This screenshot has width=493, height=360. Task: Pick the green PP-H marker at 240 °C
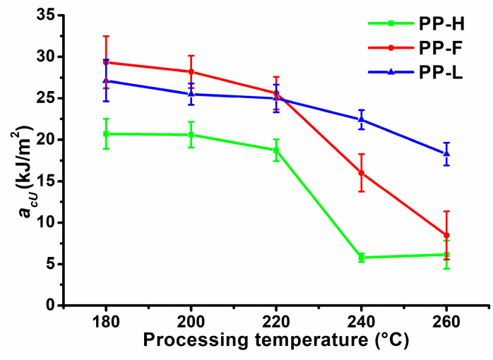click(x=362, y=258)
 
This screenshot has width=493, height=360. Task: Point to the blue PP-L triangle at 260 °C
click(x=446, y=153)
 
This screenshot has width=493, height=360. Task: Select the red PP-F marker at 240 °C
click(x=362, y=173)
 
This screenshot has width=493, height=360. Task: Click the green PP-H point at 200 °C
click(x=191, y=135)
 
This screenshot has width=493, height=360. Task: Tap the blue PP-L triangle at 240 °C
click(x=362, y=119)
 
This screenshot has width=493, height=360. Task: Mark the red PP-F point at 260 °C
click(x=446, y=235)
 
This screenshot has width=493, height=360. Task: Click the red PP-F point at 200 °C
click(x=191, y=71)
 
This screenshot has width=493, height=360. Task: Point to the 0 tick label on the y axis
click(x=52, y=306)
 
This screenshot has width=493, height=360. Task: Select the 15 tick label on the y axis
click(x=47, y=181)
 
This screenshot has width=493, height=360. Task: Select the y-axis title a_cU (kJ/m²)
click(x=17, y=160)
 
